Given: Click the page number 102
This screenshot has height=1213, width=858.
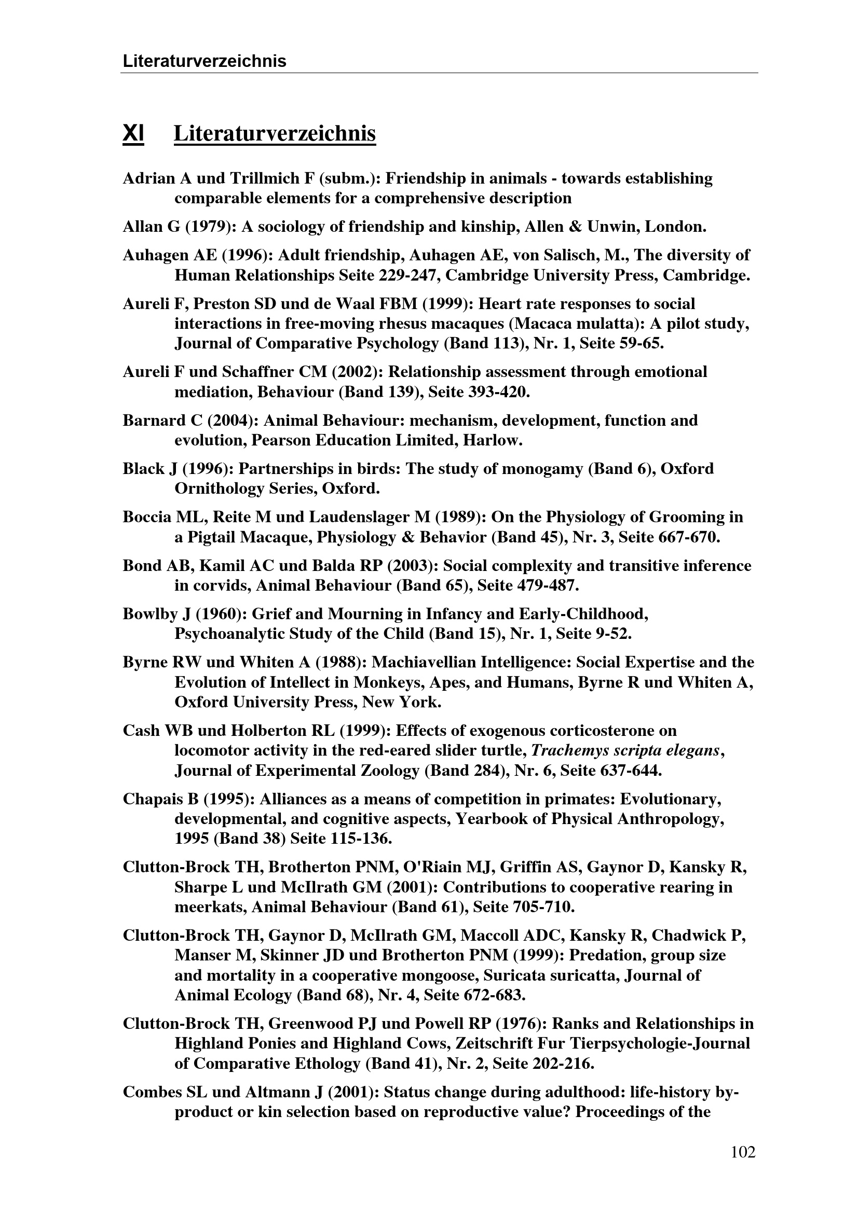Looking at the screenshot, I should click(743, 1152).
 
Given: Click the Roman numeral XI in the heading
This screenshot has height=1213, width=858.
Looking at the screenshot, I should click(133, 134).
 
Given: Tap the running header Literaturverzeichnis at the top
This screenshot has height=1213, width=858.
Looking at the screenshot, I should click(204, 61).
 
